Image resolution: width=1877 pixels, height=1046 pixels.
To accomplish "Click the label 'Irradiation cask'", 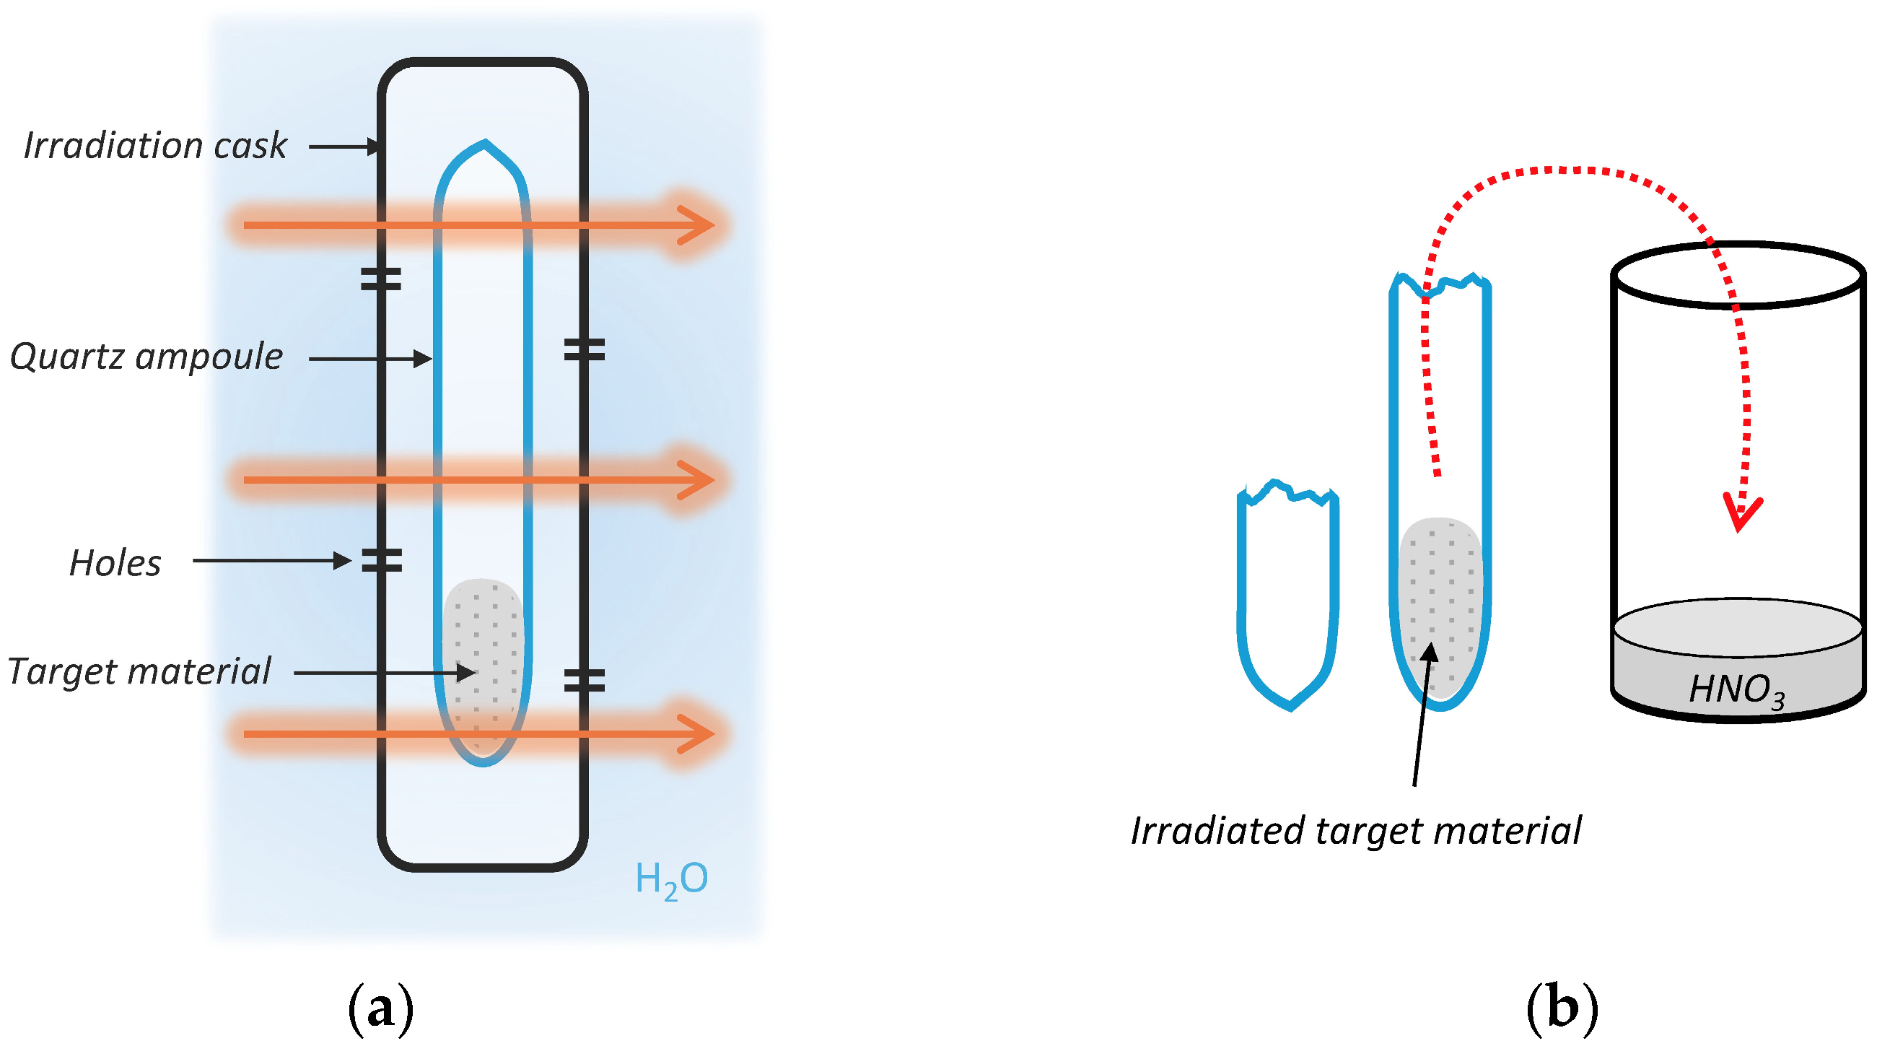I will point(155,146).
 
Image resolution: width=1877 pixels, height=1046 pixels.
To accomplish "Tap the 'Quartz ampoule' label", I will point(146,357).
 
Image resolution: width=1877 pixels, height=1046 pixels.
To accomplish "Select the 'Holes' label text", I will point(115,564).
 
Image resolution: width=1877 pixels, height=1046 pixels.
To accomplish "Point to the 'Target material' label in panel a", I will point(139,671).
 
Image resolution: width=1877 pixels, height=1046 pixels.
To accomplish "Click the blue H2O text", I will point(671,879).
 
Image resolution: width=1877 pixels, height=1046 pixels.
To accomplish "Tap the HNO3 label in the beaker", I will point(1736,689).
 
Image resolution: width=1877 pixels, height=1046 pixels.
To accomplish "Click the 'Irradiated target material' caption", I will point(1356,831).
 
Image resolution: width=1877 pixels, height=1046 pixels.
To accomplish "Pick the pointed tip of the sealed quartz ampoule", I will point(484,143).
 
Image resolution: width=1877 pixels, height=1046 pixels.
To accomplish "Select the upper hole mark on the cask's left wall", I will point(381,279).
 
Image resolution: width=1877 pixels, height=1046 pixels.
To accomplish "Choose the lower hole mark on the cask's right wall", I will point(585,681).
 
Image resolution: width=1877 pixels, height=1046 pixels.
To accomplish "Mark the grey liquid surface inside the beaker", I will point(1738,627).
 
